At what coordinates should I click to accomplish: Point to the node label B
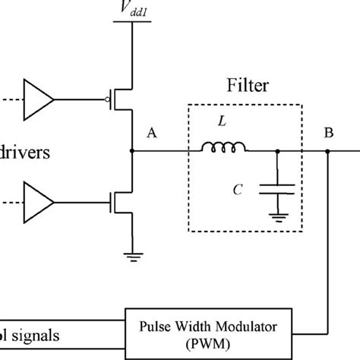point(329,134)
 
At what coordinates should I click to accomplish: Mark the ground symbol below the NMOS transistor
point(133,256)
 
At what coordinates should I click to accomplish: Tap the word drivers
point(26,153)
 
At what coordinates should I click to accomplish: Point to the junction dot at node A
point(133,151)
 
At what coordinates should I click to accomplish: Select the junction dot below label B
point(328,151)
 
